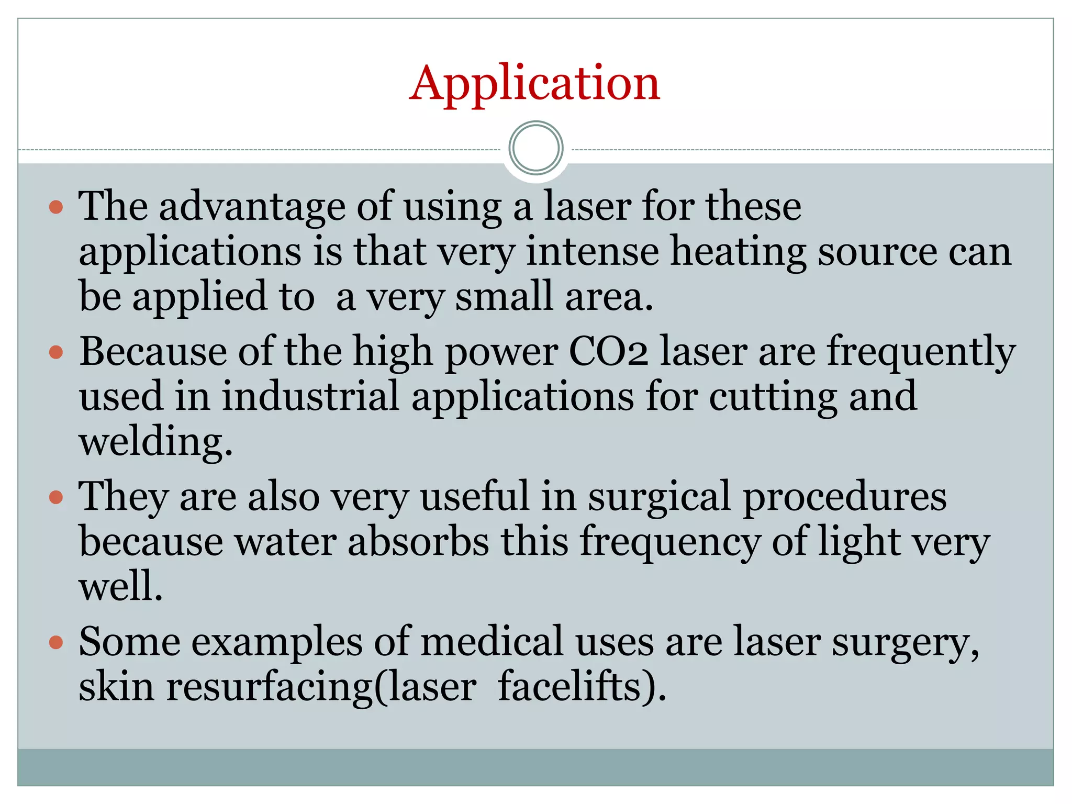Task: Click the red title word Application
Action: coord(534,83)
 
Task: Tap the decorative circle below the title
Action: coord(535,148)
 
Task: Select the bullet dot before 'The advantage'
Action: coord(56,207)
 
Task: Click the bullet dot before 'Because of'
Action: coord(56,352)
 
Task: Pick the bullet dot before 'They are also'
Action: coord(56,497)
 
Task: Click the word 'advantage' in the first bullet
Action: coord(252,207)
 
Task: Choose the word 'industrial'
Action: coord(310,397)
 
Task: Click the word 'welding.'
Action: coord(155,442)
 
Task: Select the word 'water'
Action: coord(285,542)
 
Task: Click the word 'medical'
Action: coord(492,642)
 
